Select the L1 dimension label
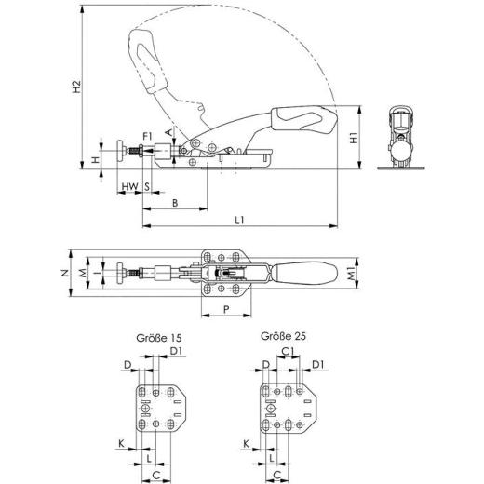tap(240, 220)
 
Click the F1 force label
tap(148, 137)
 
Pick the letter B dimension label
tap(175, 201)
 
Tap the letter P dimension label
tap(224, 307)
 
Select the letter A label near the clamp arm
tap(168, 132)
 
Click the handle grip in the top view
tap(303, 273)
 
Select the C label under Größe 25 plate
tap(278, 473)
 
